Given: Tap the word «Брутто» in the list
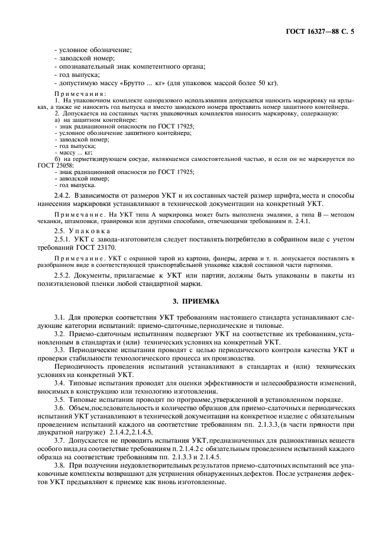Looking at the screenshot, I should click(144, 82).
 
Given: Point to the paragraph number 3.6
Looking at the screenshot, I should click(58, 408).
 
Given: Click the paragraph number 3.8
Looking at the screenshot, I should click(58, 466).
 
